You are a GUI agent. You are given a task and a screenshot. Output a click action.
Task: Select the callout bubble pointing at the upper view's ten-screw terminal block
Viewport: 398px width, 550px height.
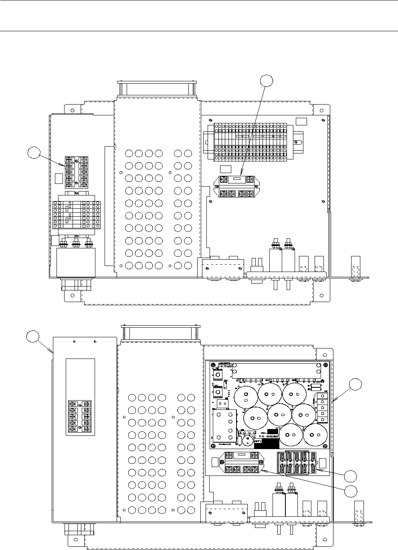tap(34, 153)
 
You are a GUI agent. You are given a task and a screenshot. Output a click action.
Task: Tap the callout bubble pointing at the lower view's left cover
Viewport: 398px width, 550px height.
tap(33, 336)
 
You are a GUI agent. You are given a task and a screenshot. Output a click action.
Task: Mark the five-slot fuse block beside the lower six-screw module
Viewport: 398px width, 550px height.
tap(298, 463)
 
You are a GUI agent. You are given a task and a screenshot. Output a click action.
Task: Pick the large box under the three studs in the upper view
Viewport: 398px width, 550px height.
tap(76, 262)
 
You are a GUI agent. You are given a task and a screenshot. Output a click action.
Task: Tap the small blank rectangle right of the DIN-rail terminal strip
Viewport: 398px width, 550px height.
tap(301, 121)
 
